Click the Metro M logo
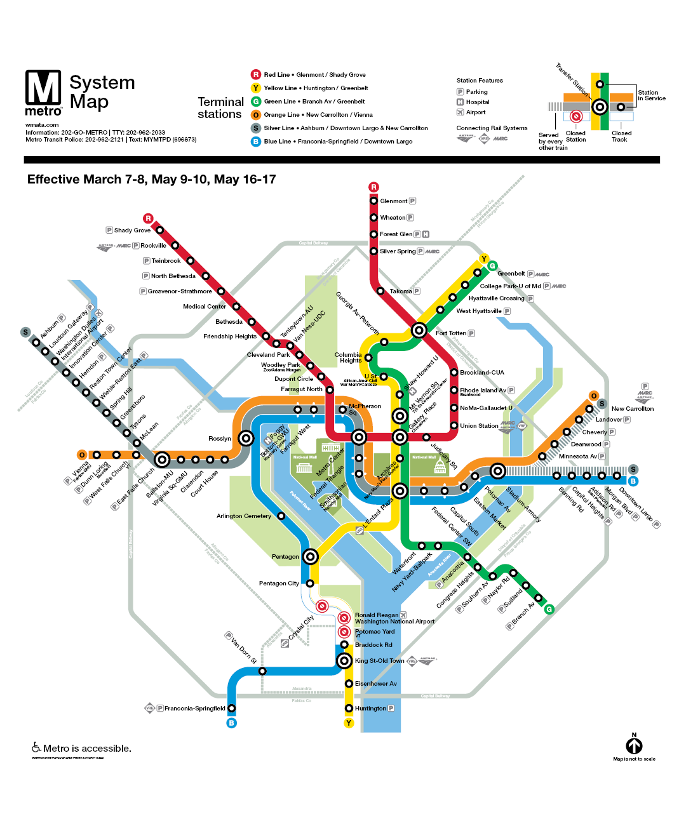(x=43, y=88)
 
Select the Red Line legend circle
(x=255, y=74)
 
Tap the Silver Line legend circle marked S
(x=255, y=128)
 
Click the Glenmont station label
(x=393, y=201)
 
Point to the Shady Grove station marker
(x=160, y=230)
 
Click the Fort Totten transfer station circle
(x=419, y=330)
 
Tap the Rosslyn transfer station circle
(x=246, y=438)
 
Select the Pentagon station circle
(x=310, y=557)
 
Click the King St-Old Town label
(x=379, y=661)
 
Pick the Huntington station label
(x=370, y=709)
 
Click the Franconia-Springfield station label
(x=194, y=709)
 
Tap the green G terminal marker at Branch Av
(x=549, y=609)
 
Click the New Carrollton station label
(x=632, y=409)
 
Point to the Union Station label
(x=479, y=426)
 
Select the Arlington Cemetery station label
(x=243, y=516)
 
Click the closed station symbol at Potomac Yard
(x=344, y=632)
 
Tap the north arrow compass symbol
(x=634, y=745)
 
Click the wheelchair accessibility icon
(x=36, y=748)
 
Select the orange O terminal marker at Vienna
(x=82, y=455)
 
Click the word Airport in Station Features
(x=476, y=112)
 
